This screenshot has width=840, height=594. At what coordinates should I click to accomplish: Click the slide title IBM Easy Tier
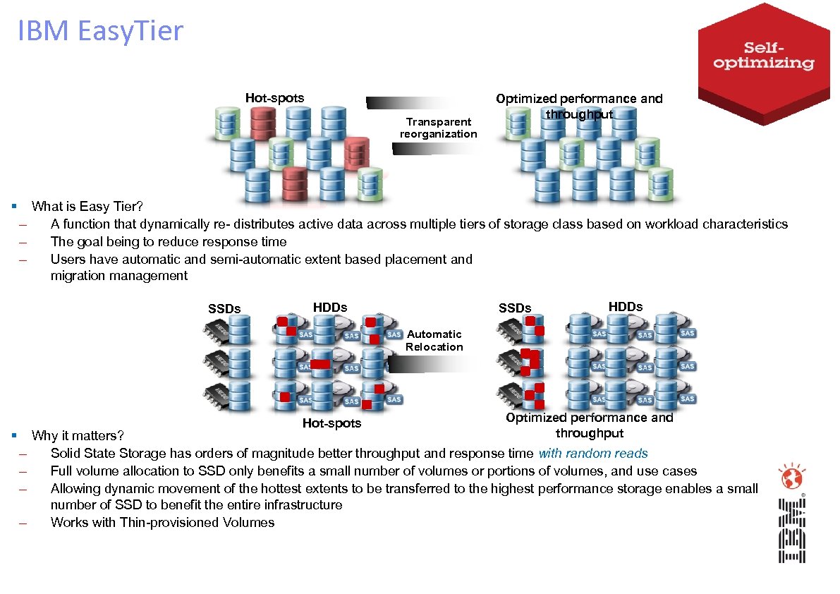[101, 32]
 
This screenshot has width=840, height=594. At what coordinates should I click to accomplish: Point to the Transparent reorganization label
[438, 128]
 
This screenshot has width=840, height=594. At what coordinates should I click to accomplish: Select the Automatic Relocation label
[434, 340]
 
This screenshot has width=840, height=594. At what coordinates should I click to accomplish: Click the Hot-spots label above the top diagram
[274, 98]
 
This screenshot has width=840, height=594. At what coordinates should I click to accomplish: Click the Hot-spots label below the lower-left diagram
[331, 423]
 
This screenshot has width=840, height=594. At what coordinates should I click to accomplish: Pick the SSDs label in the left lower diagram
[224, 308]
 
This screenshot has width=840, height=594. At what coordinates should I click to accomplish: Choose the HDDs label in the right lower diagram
[626, 307]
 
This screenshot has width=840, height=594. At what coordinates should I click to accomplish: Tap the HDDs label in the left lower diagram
[330, 307]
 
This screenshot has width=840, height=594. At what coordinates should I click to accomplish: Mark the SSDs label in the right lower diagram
[515, 308]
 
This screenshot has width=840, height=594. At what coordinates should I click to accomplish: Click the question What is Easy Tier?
[87, 207]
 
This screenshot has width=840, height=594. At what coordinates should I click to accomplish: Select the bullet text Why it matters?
[78, 436]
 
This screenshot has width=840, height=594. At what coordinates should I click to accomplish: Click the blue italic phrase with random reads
[592, 454]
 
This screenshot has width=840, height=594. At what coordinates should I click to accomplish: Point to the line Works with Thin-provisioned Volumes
[162, 523]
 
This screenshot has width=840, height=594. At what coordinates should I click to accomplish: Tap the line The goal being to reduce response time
[169, 241]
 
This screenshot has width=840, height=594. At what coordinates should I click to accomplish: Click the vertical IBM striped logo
[791, 531]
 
